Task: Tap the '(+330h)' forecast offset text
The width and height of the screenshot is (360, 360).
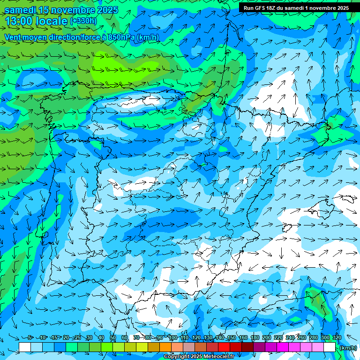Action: [83, 21]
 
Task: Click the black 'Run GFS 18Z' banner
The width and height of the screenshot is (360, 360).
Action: [296, 8]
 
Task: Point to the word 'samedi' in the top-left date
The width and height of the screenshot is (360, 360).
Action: [20, 10]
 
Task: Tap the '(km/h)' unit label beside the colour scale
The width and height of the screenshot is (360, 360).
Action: [347, 348]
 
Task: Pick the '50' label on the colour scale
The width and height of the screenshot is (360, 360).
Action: [113, 337]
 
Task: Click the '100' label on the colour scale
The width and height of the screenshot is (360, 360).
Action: [172, 337]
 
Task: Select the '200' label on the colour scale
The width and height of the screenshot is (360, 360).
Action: [267, 337]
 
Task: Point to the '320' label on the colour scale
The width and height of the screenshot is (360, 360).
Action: [337, 337]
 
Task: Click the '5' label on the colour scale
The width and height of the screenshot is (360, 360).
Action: [30, 337]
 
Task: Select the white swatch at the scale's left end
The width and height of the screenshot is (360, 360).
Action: [25, 347]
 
